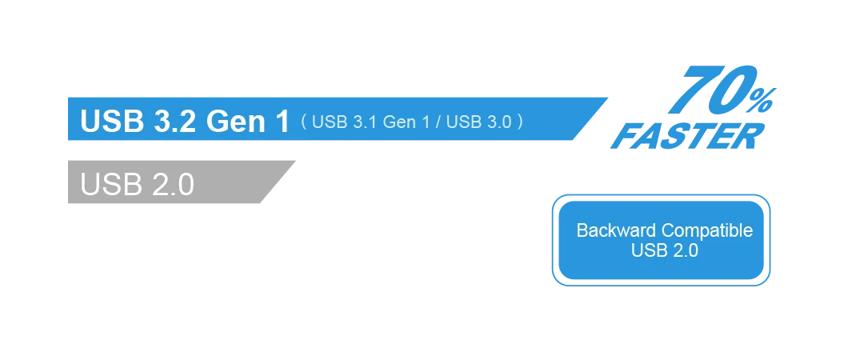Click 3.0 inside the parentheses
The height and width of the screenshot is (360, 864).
pos(496,122)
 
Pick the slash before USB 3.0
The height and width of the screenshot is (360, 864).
pos(438,122)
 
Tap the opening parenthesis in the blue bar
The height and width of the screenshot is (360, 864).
pos(304,122)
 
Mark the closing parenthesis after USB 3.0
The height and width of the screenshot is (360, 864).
pos(521,122)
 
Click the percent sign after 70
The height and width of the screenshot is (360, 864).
pos(765,100)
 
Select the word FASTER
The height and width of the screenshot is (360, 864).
pos(686,138)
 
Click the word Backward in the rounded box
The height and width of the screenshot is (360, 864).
pos(616,230)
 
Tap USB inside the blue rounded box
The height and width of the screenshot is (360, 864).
pos(647,250)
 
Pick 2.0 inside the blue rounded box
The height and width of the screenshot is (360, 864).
pos(684,250)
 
